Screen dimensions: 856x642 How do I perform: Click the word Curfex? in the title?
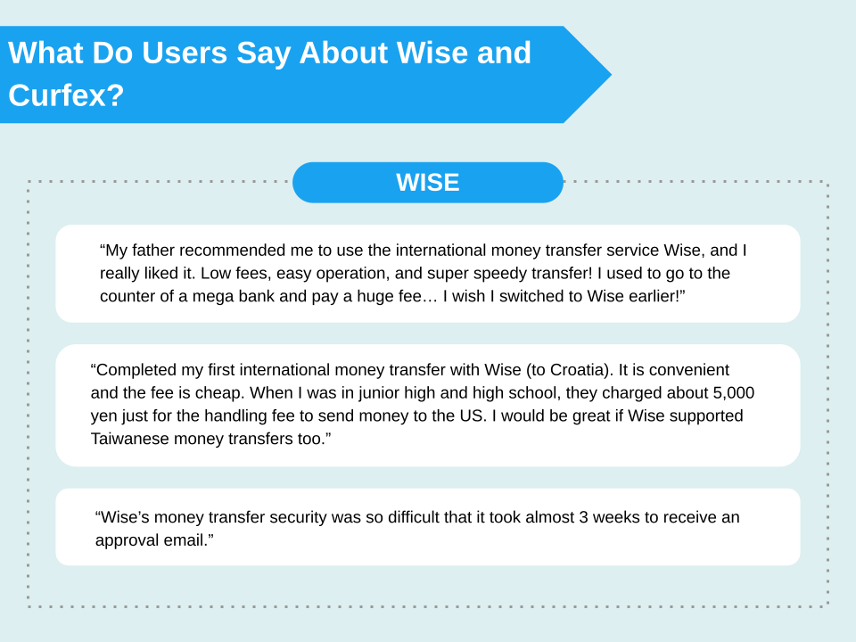click(x=66, y=95)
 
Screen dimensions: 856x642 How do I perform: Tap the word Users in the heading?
click(x=185, y=53)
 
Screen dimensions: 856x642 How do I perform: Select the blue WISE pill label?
click(x=427, y=182)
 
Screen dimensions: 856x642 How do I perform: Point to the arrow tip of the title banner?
click(x=611, y=75)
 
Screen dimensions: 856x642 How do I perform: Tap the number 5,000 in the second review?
click(x=734, y=393)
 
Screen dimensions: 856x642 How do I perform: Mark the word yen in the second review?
click(x=103, y=416)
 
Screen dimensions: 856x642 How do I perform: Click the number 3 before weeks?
click(x=583, y=517)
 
